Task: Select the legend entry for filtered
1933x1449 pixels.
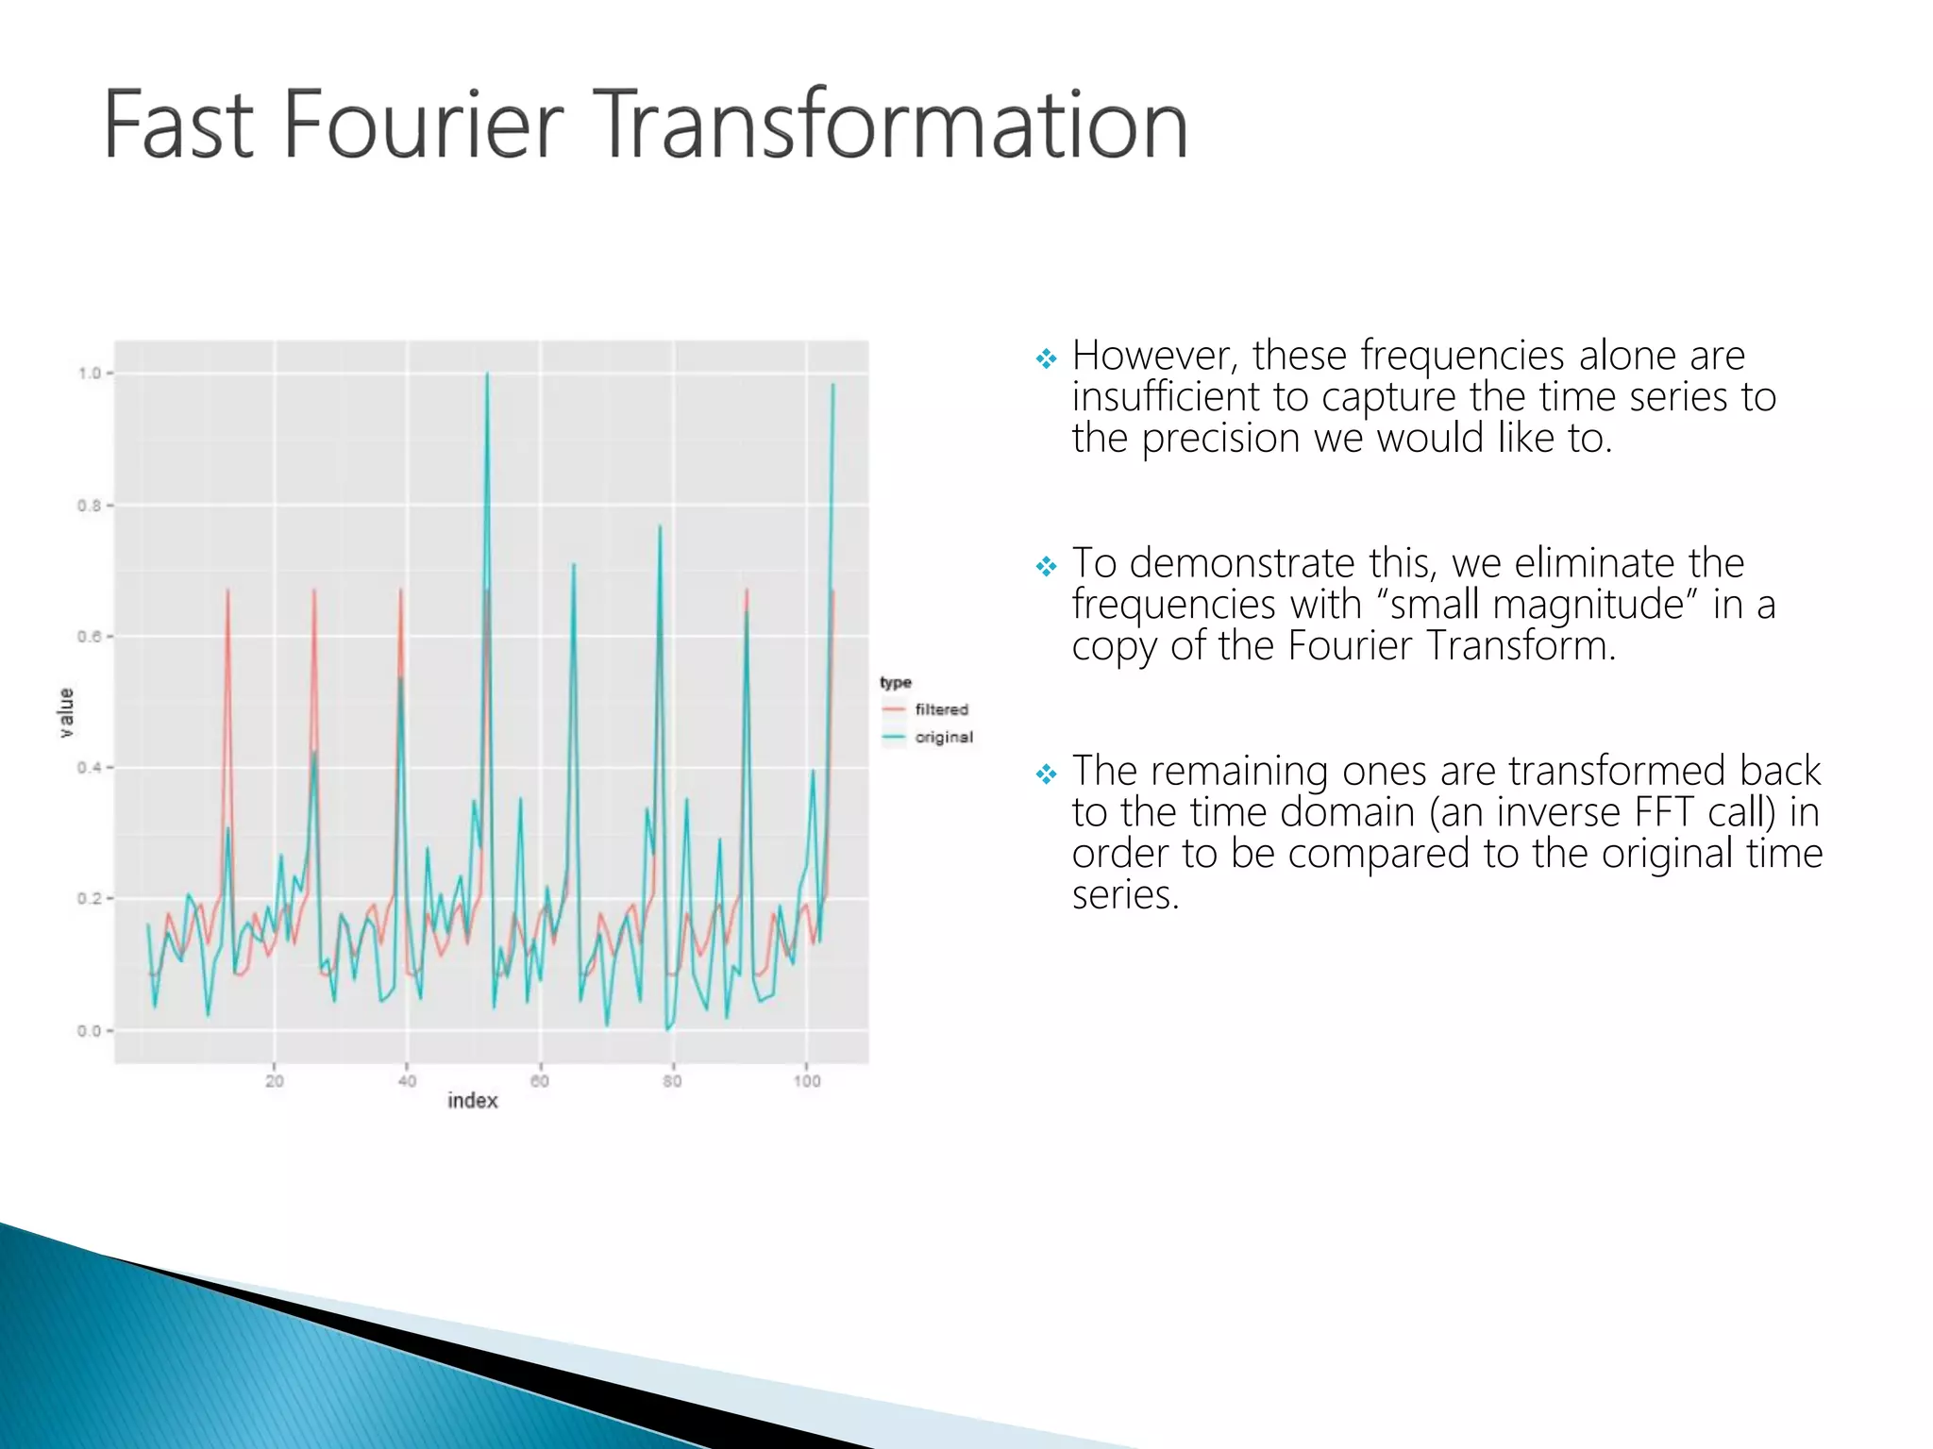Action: tap(941, 709)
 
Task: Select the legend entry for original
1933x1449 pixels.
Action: tap(943, 737)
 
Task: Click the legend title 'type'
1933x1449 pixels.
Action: tap(895, 682)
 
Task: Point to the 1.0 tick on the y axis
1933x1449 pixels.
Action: tap(90, 374)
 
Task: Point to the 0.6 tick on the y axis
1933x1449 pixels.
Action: tap(90, 637)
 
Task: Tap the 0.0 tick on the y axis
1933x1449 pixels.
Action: tap(90, 1031)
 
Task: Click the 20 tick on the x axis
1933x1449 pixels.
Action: tap(274, 1081)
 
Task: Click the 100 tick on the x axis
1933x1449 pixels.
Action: tap(806, 1081)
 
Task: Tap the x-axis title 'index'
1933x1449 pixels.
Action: tap(472, 1101)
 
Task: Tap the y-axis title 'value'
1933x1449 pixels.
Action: tap(66, 712)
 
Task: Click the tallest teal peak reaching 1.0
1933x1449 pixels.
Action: tap(487, 375)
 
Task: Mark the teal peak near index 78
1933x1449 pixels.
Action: tap(660, 528)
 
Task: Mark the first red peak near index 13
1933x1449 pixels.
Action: tap(227, 592)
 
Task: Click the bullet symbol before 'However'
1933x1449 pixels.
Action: tap(1046, 358)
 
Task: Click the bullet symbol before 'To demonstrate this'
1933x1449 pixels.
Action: tap(1046, 566)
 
